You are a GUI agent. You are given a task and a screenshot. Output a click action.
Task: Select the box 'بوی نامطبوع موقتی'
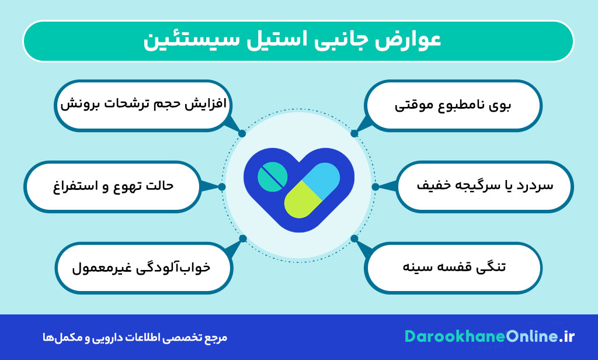click(x=453, y=106)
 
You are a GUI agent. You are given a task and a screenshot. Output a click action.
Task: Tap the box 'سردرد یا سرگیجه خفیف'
click(x=485, y=186)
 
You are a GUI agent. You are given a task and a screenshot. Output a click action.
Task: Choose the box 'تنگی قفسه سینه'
click(x=453, y=267)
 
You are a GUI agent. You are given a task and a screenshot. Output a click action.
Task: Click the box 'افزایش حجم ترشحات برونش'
click(x=143, y=106)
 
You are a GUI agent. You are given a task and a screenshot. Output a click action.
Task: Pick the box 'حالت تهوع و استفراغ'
click(x=111, y=186)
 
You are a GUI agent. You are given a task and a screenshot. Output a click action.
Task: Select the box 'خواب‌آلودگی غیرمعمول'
click(x=143, y=267)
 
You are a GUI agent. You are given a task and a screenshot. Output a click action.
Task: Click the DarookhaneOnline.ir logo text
click(x=490, y=337)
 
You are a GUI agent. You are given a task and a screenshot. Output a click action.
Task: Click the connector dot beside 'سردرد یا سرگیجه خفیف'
click(x=376, y=187)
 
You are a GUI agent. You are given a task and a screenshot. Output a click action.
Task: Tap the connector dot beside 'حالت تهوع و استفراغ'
click(x=222, y=187)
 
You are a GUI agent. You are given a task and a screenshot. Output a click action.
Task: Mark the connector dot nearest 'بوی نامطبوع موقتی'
click(x=354, y=133)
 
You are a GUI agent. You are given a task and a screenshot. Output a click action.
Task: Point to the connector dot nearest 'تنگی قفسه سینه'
click(x=354, y=238)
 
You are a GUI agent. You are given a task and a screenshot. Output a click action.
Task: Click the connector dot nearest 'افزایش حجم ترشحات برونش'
click(x=242, y=133)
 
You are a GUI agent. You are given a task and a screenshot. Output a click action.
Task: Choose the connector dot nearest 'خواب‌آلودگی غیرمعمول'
click(x=243, y=238)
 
